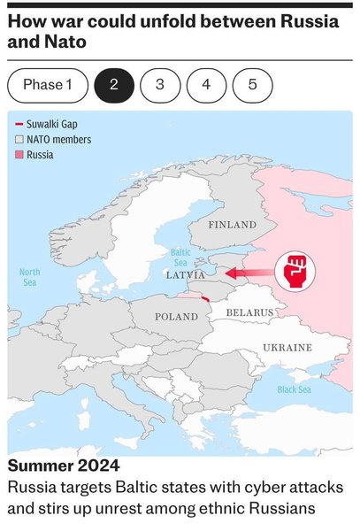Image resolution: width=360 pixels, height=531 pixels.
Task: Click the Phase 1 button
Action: pyautogui.click(x=48, y=85)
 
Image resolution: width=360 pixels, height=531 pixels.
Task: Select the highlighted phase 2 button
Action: pyautogui.click(x=113, y=85)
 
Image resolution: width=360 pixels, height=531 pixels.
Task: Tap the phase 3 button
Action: pyautogui.click(x=159, y=85)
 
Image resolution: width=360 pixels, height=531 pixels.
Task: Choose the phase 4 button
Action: pyautogui.click(x=206, y=85)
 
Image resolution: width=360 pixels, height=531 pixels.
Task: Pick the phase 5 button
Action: pyautogui.click(x=252, y=85)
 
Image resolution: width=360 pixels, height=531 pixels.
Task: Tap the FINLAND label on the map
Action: pyautogui.click(x=232, y=226)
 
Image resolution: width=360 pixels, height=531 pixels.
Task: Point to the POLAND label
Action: pyautogui.click(x=176, y=317)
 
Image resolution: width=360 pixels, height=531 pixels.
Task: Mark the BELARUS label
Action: pyautogui.click(x=249, y=312)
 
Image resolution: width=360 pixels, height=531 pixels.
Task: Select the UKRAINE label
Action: pyautogui.click(x=287, y=348)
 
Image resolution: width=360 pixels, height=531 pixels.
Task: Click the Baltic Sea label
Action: pyautogui.click(x=180, y=258)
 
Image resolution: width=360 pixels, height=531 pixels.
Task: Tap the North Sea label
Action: pyautogui.click(x=29, y=277)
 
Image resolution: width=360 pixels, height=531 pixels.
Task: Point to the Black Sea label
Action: pyautogui.click(x=294, y=389)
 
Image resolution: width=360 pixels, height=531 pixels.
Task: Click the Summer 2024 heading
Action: pyautogui.click(x=63, y=466)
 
